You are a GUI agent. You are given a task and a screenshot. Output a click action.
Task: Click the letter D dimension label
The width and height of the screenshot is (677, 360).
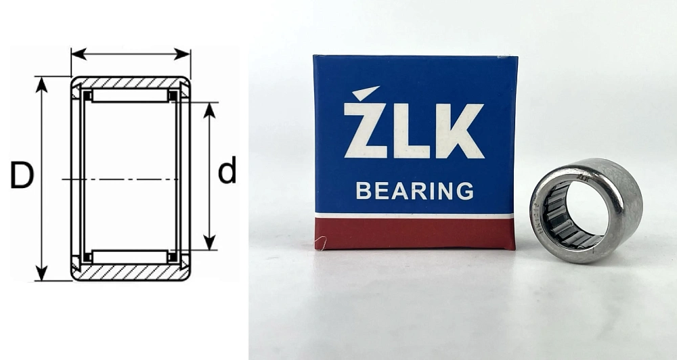pos(22,177)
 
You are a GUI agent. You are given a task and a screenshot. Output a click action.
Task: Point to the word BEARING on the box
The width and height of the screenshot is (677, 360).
pos(414,192)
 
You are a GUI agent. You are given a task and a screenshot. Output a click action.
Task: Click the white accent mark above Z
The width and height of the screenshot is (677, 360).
pos(366,93)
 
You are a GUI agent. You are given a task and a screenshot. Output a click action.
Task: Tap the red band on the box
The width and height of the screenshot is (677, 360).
pos(414,234)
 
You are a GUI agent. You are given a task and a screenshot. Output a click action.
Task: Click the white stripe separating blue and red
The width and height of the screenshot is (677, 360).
pos(414,216)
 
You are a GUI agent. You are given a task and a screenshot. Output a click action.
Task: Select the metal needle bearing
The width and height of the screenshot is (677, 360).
pos(586,210)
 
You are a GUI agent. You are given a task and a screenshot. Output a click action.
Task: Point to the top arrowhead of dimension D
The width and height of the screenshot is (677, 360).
pos(42,83)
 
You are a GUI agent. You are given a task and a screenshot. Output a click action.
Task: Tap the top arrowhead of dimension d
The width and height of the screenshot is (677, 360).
pos(210,108)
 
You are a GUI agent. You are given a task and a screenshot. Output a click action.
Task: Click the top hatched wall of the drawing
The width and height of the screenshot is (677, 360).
pos(131,82)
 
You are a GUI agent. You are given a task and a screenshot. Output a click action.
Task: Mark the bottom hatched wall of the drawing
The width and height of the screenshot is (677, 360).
pos(131,273)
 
